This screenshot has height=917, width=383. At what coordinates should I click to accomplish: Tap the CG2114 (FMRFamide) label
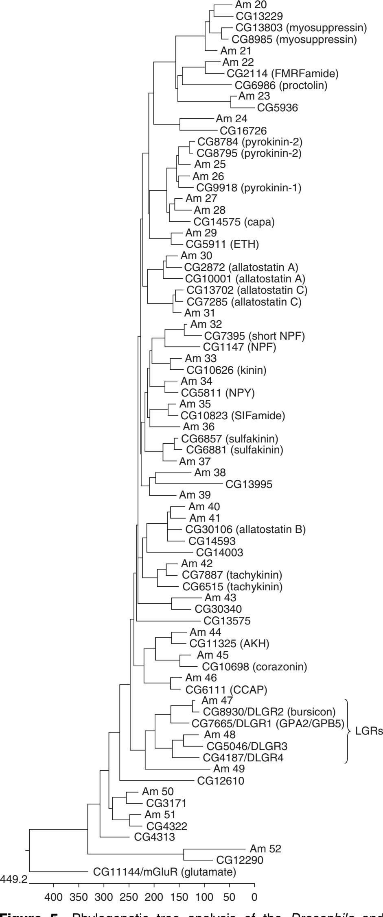[x=280, y=74]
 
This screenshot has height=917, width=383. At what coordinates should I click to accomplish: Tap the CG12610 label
[x=221, y=780]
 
